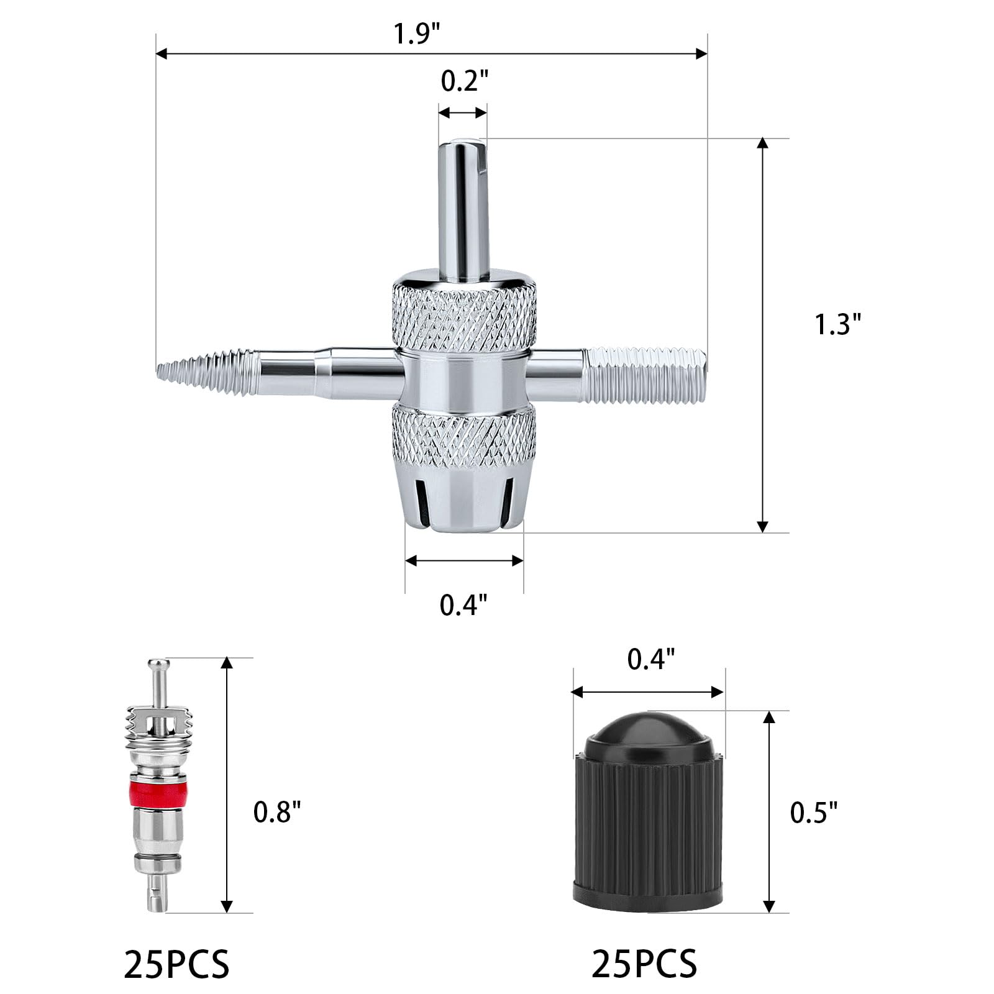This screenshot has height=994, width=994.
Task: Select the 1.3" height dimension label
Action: click(x=838, y=324)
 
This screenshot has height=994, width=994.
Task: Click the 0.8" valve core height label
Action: click(x=277, y=812)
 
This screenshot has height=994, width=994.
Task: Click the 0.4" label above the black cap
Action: click(x=650, y=660)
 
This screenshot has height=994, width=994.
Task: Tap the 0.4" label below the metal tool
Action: click(x=463, y=604)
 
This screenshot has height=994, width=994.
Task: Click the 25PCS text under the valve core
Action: click(x=177, y=964)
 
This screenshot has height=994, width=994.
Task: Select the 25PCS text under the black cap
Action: click(x=644, y=964)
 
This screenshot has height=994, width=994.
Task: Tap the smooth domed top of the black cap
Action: click(x=647, y=733)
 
